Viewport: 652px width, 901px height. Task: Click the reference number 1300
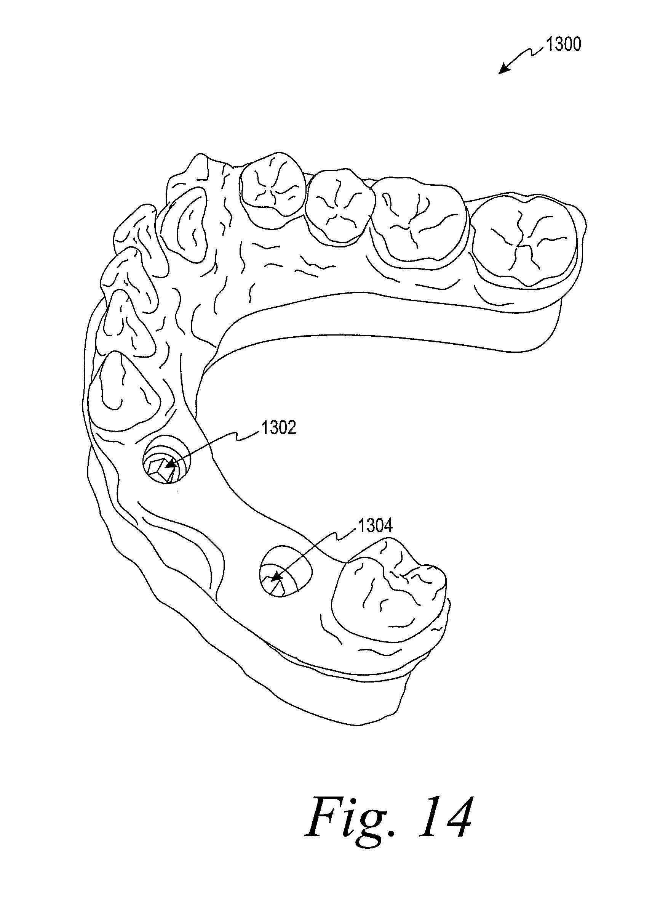pos(564,45)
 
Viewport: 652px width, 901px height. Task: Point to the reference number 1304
pos(375,525)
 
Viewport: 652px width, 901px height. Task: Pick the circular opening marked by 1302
pos(167,464)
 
